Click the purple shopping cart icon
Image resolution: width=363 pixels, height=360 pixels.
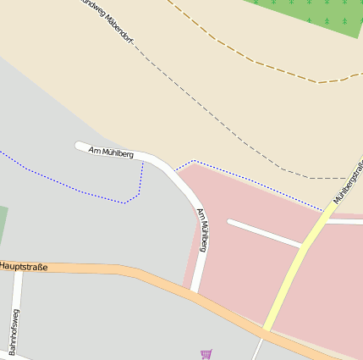206,353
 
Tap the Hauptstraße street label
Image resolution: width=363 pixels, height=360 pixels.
24,267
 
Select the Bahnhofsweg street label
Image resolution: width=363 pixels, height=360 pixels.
15,332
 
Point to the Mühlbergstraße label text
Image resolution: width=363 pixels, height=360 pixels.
348,183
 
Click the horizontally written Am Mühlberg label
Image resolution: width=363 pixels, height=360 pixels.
111,152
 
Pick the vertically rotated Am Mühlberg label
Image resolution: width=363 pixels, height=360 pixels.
203,230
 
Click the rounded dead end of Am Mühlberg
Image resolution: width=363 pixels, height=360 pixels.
80,147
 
